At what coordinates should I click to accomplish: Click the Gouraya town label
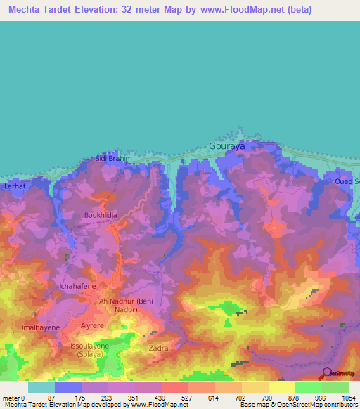pos(227,147)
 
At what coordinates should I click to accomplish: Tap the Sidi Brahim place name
pos(114,160)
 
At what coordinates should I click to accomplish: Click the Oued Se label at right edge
pos(347,182)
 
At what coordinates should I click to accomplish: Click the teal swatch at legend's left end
pos(41,387)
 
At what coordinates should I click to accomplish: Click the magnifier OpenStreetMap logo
pos(327,373)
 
